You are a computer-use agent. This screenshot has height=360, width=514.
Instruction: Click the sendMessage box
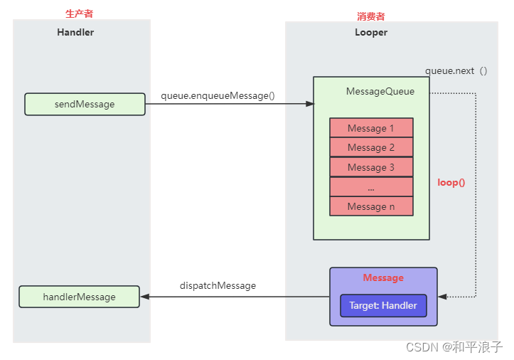pos(85,104)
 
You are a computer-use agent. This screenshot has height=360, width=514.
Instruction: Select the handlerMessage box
pos(79,297)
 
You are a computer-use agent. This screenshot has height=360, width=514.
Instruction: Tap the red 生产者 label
pos(79,14)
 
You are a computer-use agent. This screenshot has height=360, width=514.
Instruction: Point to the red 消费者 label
pos(370,16)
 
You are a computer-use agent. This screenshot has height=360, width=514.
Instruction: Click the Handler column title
pos(75,32)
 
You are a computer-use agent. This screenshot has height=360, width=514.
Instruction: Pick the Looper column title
pos(371,32)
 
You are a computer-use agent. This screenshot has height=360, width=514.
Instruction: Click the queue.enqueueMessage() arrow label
pos(218,95)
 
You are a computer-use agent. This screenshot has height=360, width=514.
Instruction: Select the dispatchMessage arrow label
pos(218,285)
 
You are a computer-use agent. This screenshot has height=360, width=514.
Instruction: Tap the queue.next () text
pos(456,71)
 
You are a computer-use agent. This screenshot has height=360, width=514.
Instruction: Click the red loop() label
pos(451,182)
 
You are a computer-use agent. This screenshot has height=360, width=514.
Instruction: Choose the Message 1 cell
pos(371,128)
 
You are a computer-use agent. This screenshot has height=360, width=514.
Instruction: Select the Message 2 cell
pos(371,147)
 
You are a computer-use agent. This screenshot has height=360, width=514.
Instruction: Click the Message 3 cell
pos(371,167)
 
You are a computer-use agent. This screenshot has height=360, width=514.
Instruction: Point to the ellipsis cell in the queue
pos(371,187)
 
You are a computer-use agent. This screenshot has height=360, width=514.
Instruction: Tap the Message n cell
pos(371,206)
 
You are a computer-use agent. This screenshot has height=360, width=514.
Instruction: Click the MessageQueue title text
pos(380,91)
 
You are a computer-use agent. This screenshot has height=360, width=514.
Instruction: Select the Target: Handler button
pos(383,306)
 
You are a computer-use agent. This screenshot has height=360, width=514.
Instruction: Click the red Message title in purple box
pos(383,278)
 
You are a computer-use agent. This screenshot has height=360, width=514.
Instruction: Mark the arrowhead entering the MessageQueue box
pos(309,104)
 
